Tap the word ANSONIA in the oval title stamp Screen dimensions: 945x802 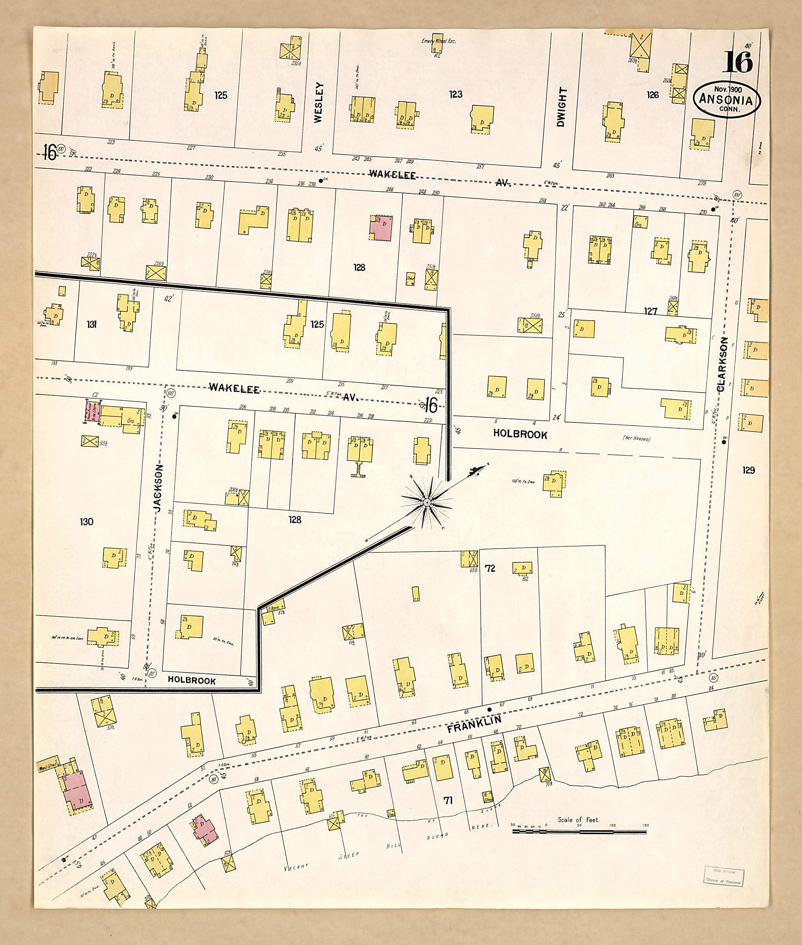click(726, 99)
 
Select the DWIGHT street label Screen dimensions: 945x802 click(562, 107)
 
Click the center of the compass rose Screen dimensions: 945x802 click(427, 502)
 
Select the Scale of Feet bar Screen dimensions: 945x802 click(579, 831)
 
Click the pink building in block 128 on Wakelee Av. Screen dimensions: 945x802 click(381, 228)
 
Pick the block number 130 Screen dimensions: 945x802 click(87, 521)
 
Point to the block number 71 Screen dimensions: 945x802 click(448, 801)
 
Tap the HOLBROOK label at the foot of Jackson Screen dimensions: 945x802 click(191, 680)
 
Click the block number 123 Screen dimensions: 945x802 click(455, 94)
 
